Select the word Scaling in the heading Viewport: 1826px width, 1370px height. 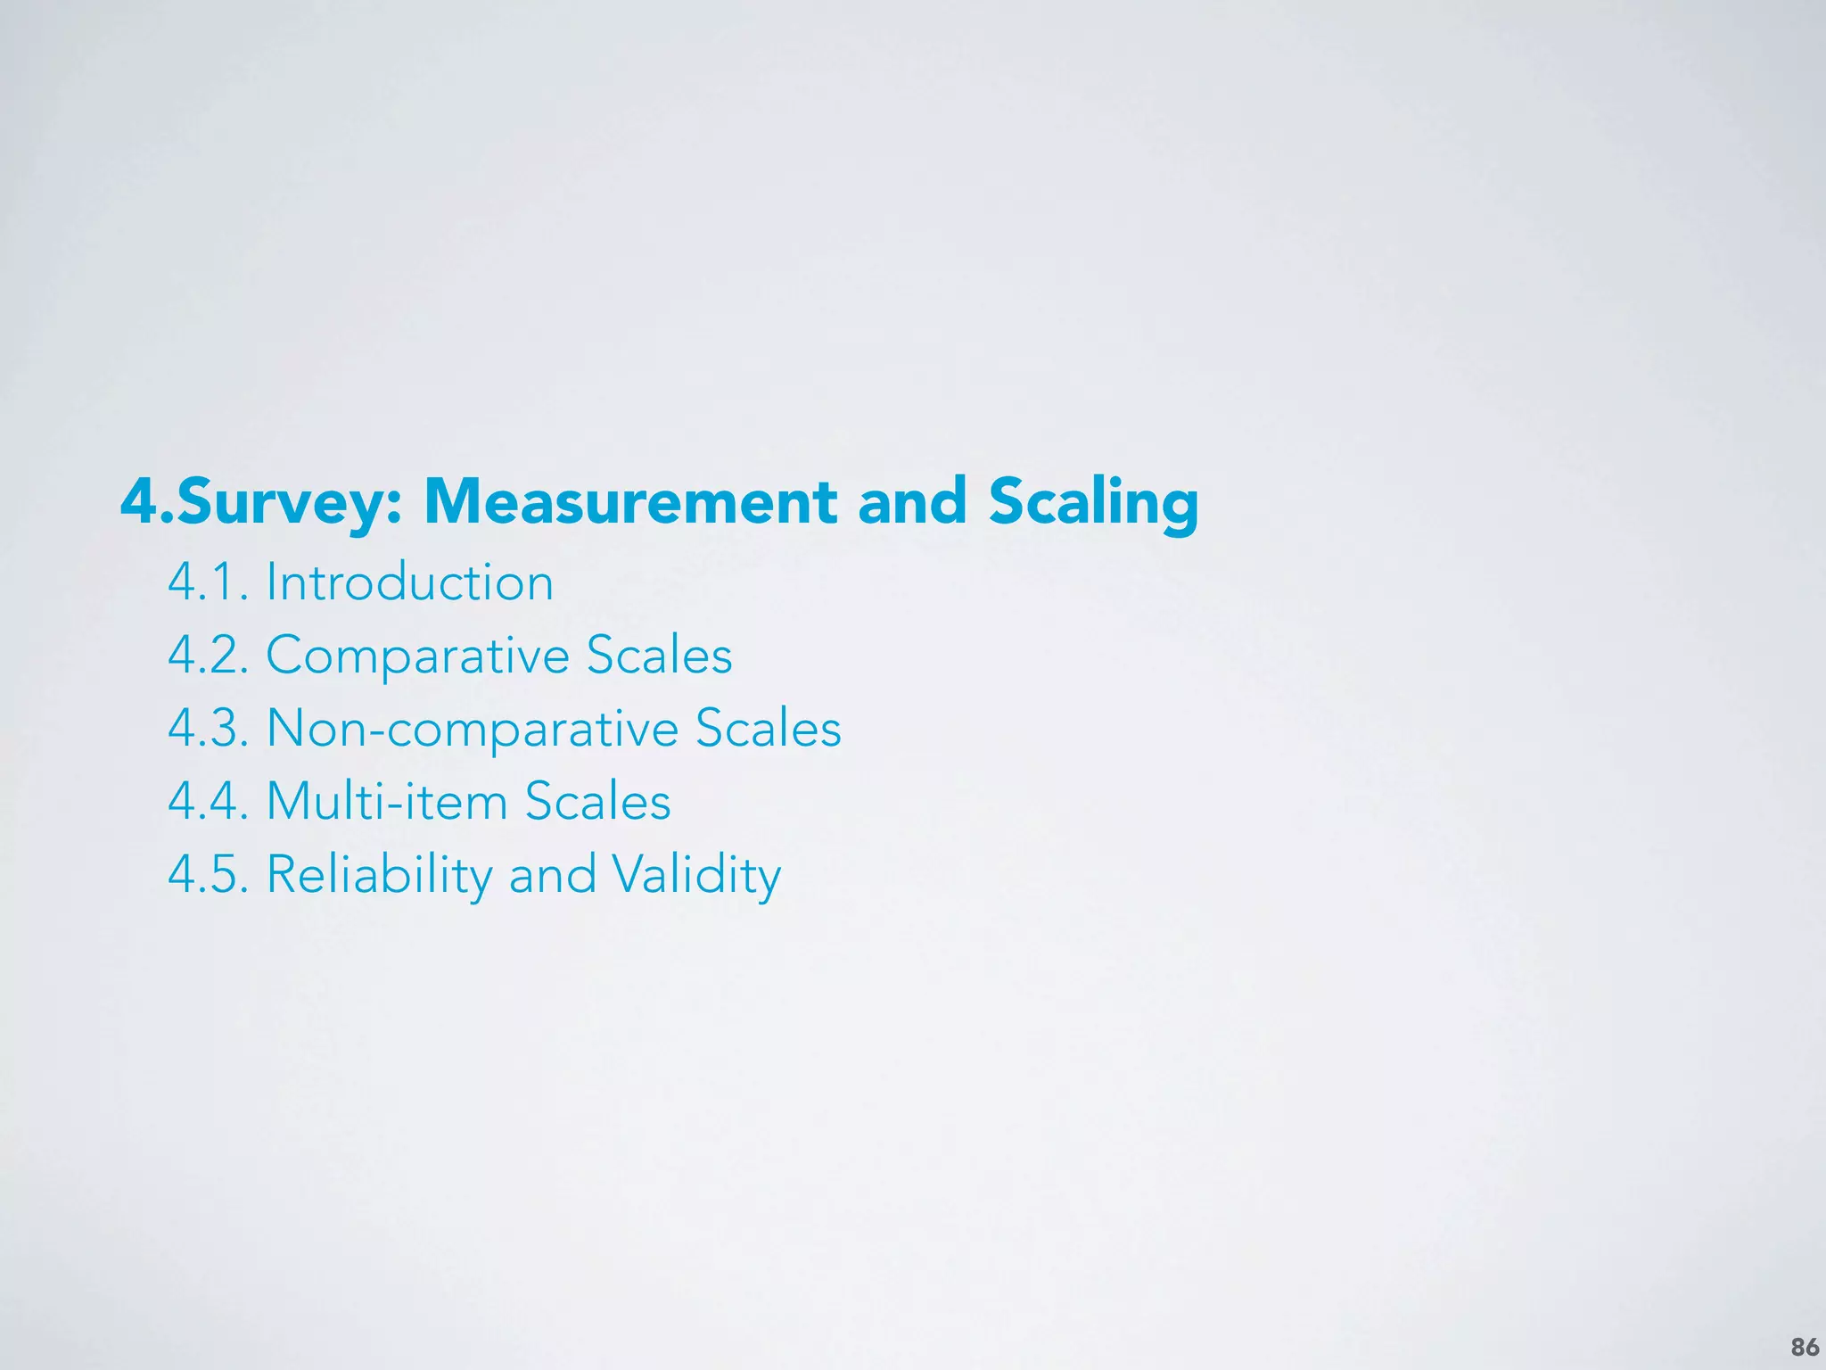click(x=1093, y=502)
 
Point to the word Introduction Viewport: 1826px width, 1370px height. click(x=410, y=582)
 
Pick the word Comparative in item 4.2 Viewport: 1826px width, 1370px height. click(x=417, y=656)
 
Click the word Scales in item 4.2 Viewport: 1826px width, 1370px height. click(x=660, y=656)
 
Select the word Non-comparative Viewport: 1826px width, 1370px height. click(x=472, y=729)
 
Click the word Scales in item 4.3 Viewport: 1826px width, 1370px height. click(x=769, y=729)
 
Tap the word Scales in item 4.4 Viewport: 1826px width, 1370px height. click(x=597, y=801)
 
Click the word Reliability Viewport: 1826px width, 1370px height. click(x=379, y=874)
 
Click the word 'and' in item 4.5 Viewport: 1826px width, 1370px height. click(x=552, y=874)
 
